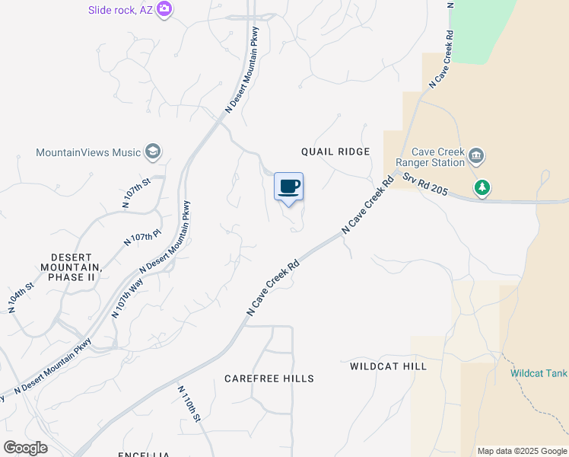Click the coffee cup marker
288,187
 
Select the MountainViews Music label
88,152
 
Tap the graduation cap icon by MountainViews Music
153,152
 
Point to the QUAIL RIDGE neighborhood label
335,152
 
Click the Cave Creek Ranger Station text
437,157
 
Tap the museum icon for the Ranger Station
477,157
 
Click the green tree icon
482,187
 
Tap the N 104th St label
20,297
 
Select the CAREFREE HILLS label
269,379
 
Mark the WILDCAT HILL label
388,366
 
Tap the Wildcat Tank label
539,373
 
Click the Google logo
25,448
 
